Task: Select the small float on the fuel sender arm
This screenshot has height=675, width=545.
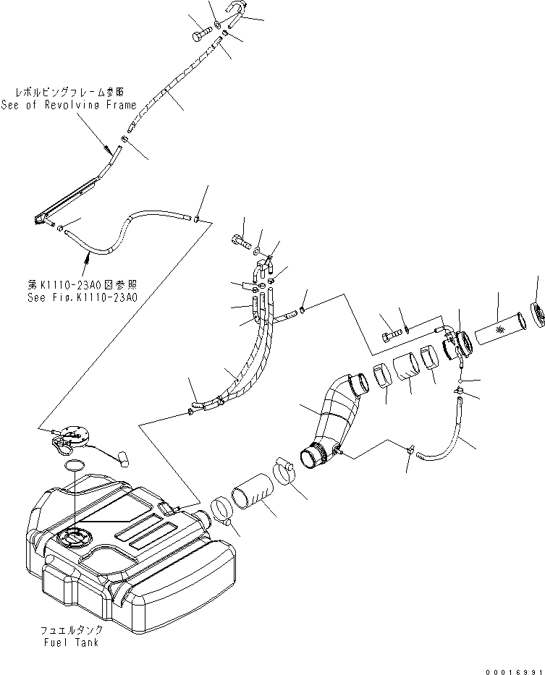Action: pos(121,457)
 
